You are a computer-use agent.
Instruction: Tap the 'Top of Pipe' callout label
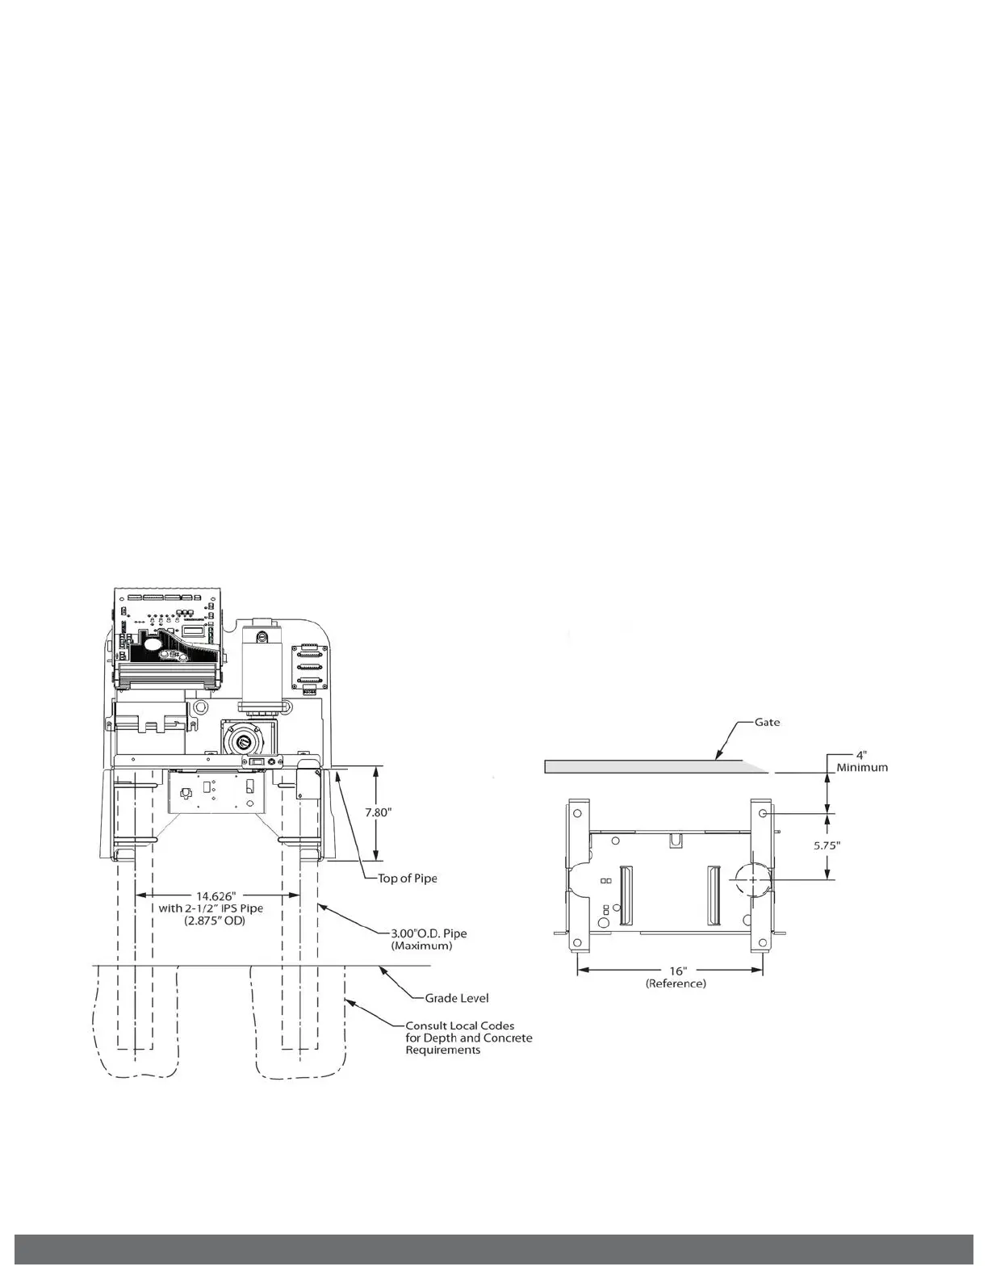[408, 879]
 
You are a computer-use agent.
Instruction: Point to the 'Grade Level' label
[457, 998]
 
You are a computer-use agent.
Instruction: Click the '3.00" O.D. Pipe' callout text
[428, 933]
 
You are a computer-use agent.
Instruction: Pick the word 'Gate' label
[767, 722]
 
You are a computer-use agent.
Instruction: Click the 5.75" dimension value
[826, 845]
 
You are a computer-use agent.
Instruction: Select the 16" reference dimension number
[676, 971]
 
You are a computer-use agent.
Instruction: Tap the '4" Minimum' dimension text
[861, 761]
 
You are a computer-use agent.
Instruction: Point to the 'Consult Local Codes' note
[459, 1025]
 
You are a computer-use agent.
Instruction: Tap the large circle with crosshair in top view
[753, 879]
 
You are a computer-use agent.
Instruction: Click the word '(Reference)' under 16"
[676, 983]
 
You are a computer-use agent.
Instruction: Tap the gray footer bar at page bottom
[494, 1248]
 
